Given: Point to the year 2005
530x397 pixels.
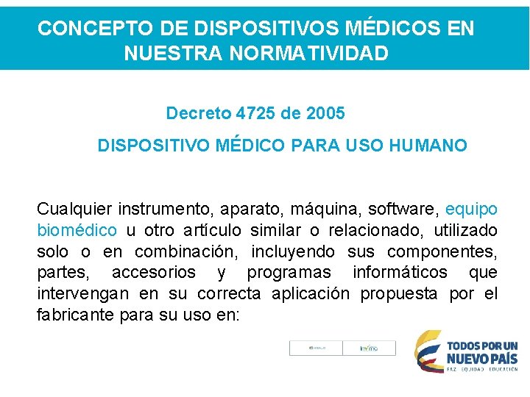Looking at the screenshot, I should pos(325,114).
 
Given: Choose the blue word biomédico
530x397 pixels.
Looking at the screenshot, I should pos(77,231).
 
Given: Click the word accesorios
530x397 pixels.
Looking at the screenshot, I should pos(154,273).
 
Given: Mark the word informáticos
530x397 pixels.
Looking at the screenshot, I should pos(400,273).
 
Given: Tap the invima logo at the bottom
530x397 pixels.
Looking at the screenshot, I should pos(369,348).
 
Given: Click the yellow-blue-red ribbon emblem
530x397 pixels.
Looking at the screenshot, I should pos(428,351).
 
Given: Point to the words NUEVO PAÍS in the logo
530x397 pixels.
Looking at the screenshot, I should pos(482,358).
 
